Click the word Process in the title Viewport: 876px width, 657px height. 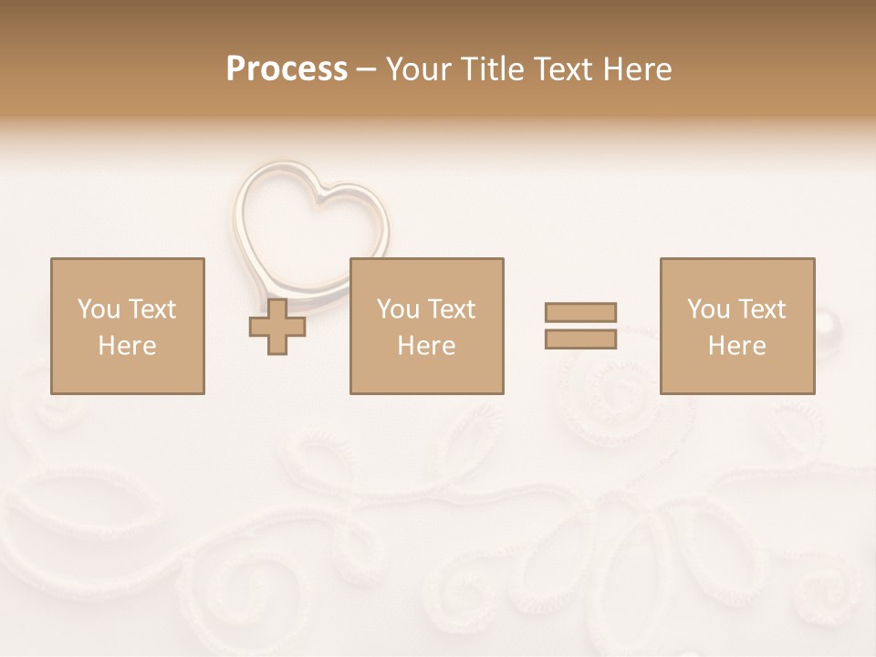[x=287, y=69]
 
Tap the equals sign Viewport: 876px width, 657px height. [x=580, y=326]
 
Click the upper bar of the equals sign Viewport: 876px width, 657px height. [x=580, y=312]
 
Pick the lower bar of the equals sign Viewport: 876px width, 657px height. [x=580, y=339]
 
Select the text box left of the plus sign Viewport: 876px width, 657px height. [x=127, y=326]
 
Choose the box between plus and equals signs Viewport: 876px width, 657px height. [x=426, y=326]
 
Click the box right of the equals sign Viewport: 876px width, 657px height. [x=736, y=326]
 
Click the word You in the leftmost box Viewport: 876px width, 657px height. [x=99, y=309]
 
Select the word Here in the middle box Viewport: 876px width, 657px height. [x=426, y=346]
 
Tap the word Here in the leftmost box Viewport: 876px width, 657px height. [x=127, y=346]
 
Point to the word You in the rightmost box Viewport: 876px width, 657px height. [x=708, y=309]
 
